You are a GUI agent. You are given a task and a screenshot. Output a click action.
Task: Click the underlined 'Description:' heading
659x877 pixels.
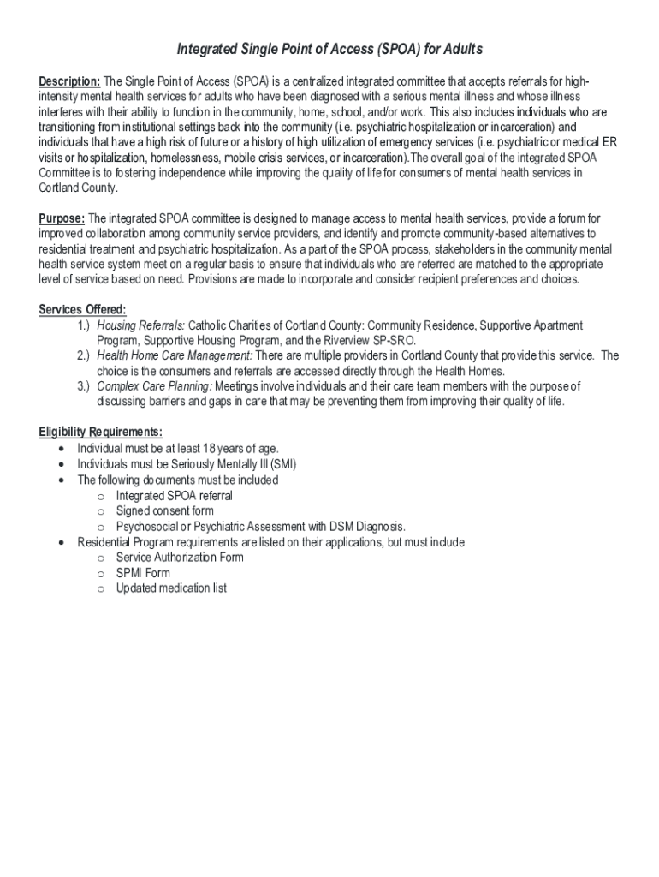(x=69, y=81)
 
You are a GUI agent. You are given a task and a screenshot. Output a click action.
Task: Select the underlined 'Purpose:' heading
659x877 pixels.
(x=62, y=218)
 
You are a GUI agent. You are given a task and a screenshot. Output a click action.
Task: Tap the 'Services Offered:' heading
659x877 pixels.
(x=83, y=310)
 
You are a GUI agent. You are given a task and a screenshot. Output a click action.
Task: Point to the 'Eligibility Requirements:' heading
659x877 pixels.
(x=101, y=432)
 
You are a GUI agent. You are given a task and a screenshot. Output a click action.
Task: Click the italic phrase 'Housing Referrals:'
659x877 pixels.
(x=140, y=325)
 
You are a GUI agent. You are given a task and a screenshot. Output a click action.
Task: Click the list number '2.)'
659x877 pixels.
(x=83, y=356)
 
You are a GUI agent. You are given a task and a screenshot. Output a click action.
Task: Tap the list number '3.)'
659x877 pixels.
(x=83, y=387)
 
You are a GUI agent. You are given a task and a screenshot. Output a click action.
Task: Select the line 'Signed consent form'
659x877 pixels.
(x=165, y=511)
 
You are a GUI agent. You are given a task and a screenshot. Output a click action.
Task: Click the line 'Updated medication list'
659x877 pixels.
(x=171, y=588)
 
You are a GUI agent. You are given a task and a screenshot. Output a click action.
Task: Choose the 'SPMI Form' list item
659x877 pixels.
(x=143, y=573)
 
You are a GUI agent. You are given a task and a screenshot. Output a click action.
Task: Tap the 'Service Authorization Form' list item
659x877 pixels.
(x=180, y=558)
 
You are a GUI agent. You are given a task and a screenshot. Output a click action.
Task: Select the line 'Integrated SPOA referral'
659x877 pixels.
(x=175, y=496)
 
